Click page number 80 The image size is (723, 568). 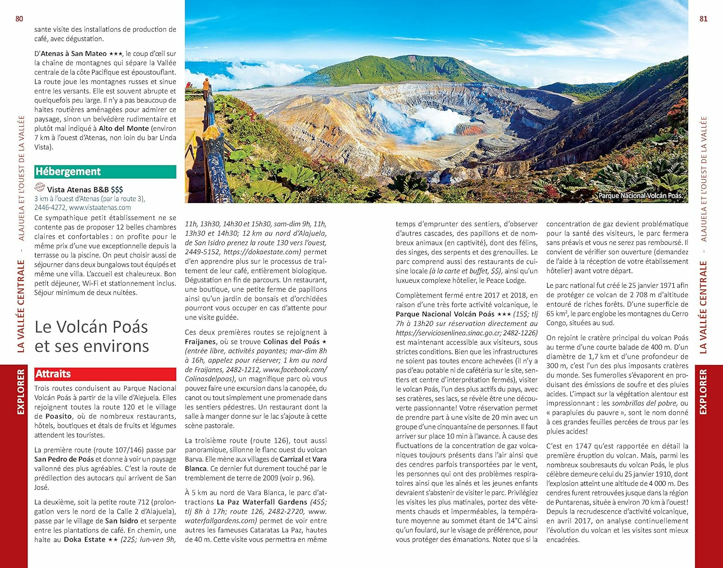(19, 19)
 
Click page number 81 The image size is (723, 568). (703, 19)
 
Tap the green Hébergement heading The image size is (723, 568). (68, 172)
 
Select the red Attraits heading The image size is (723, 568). (53, 374)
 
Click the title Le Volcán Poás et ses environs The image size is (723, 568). (92, 336)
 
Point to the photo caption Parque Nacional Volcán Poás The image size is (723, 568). (640, 196)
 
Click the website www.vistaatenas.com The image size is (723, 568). (100, 208)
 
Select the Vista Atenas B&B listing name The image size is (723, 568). (78, 189)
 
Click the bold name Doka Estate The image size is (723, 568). (84, 540)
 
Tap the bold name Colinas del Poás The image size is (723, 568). (291, 342)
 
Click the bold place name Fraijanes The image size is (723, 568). (200, 342)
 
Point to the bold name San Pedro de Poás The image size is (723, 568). (64, 460)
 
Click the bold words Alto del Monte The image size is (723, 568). (124, 129)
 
